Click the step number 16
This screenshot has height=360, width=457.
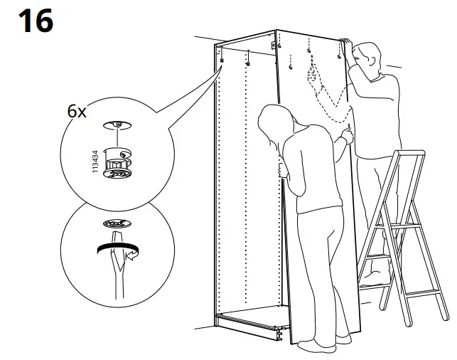(x=35, y=21)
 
